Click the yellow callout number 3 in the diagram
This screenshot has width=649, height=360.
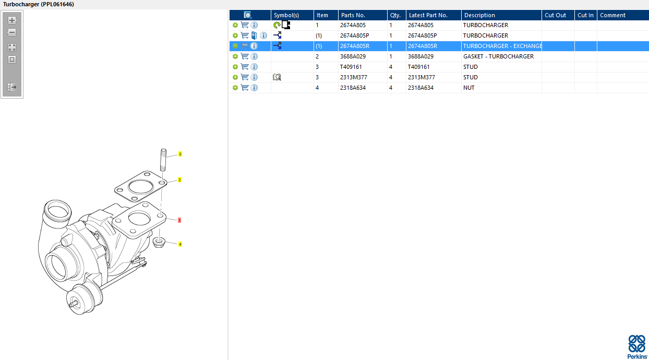180,154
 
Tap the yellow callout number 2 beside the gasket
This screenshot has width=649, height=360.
179,180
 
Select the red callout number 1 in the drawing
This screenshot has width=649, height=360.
179,220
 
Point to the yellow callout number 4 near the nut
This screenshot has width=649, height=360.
180,244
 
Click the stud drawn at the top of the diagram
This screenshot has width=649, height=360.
163,160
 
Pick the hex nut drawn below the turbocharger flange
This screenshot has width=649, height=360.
159,243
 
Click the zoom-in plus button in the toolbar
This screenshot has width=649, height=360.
12,20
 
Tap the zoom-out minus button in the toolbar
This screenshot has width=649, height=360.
12,32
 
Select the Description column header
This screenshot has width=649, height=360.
479,15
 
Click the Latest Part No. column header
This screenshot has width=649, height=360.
428,15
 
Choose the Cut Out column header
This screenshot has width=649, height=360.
555,15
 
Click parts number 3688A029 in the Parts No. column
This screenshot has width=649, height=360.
353,56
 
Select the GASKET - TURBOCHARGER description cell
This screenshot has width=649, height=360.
498,56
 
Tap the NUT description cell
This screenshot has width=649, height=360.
469,88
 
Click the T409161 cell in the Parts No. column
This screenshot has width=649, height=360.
351,67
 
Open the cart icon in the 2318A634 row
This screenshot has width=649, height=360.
245,88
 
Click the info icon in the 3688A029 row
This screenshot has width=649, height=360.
254,56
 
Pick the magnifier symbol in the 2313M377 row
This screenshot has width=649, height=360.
277,77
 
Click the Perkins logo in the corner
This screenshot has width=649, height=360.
637,347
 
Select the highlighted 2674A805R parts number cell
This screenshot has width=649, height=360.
355,46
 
